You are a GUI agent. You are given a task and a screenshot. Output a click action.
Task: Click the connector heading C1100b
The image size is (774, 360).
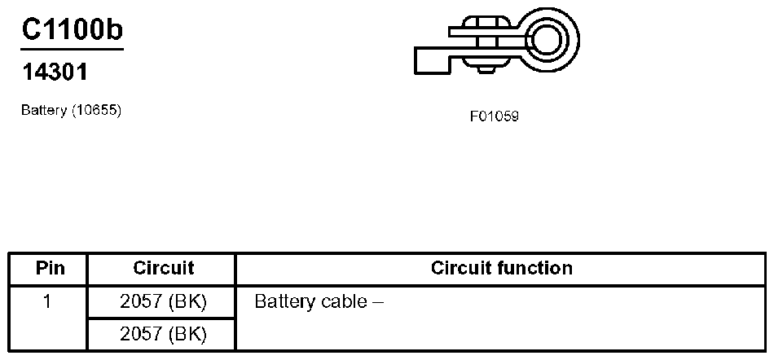(x=73, y=30)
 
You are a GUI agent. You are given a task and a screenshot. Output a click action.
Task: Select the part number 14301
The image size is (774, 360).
(x=54, y=73)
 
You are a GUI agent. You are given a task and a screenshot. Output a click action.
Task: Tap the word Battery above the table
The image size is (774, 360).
(x=43, y=111)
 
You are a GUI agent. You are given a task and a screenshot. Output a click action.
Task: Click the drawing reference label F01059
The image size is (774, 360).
(x=494, y=116)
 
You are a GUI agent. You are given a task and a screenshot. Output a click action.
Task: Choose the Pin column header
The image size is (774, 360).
(x=48, y=268)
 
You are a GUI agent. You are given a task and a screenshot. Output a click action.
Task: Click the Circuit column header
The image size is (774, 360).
(x=163, y=268)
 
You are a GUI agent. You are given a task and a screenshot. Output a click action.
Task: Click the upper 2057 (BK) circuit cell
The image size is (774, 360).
(x=163, y=302)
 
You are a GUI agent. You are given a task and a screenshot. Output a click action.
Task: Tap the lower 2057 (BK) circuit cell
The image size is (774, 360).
(x=163, y=333)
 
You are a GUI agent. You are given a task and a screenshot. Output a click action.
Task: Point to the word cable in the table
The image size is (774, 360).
(x=343, y=302)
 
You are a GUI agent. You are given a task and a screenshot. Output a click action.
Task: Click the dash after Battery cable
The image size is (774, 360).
(x=377, y=303)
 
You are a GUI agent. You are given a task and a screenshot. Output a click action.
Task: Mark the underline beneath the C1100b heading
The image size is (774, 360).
(x=73, y=49)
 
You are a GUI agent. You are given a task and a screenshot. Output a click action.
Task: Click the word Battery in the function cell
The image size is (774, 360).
(x=284, y=302)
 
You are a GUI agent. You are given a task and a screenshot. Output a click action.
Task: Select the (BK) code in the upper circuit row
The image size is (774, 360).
(x=188, y=302)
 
